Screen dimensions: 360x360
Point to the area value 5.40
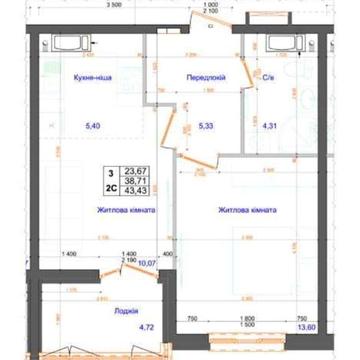[94, 126]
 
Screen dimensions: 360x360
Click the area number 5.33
[206, 126]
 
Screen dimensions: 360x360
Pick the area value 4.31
[267, 126]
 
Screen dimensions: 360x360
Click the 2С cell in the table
[110, 189]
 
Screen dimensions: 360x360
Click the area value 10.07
[147, 264]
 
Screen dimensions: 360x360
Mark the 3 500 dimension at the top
[117, 5]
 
